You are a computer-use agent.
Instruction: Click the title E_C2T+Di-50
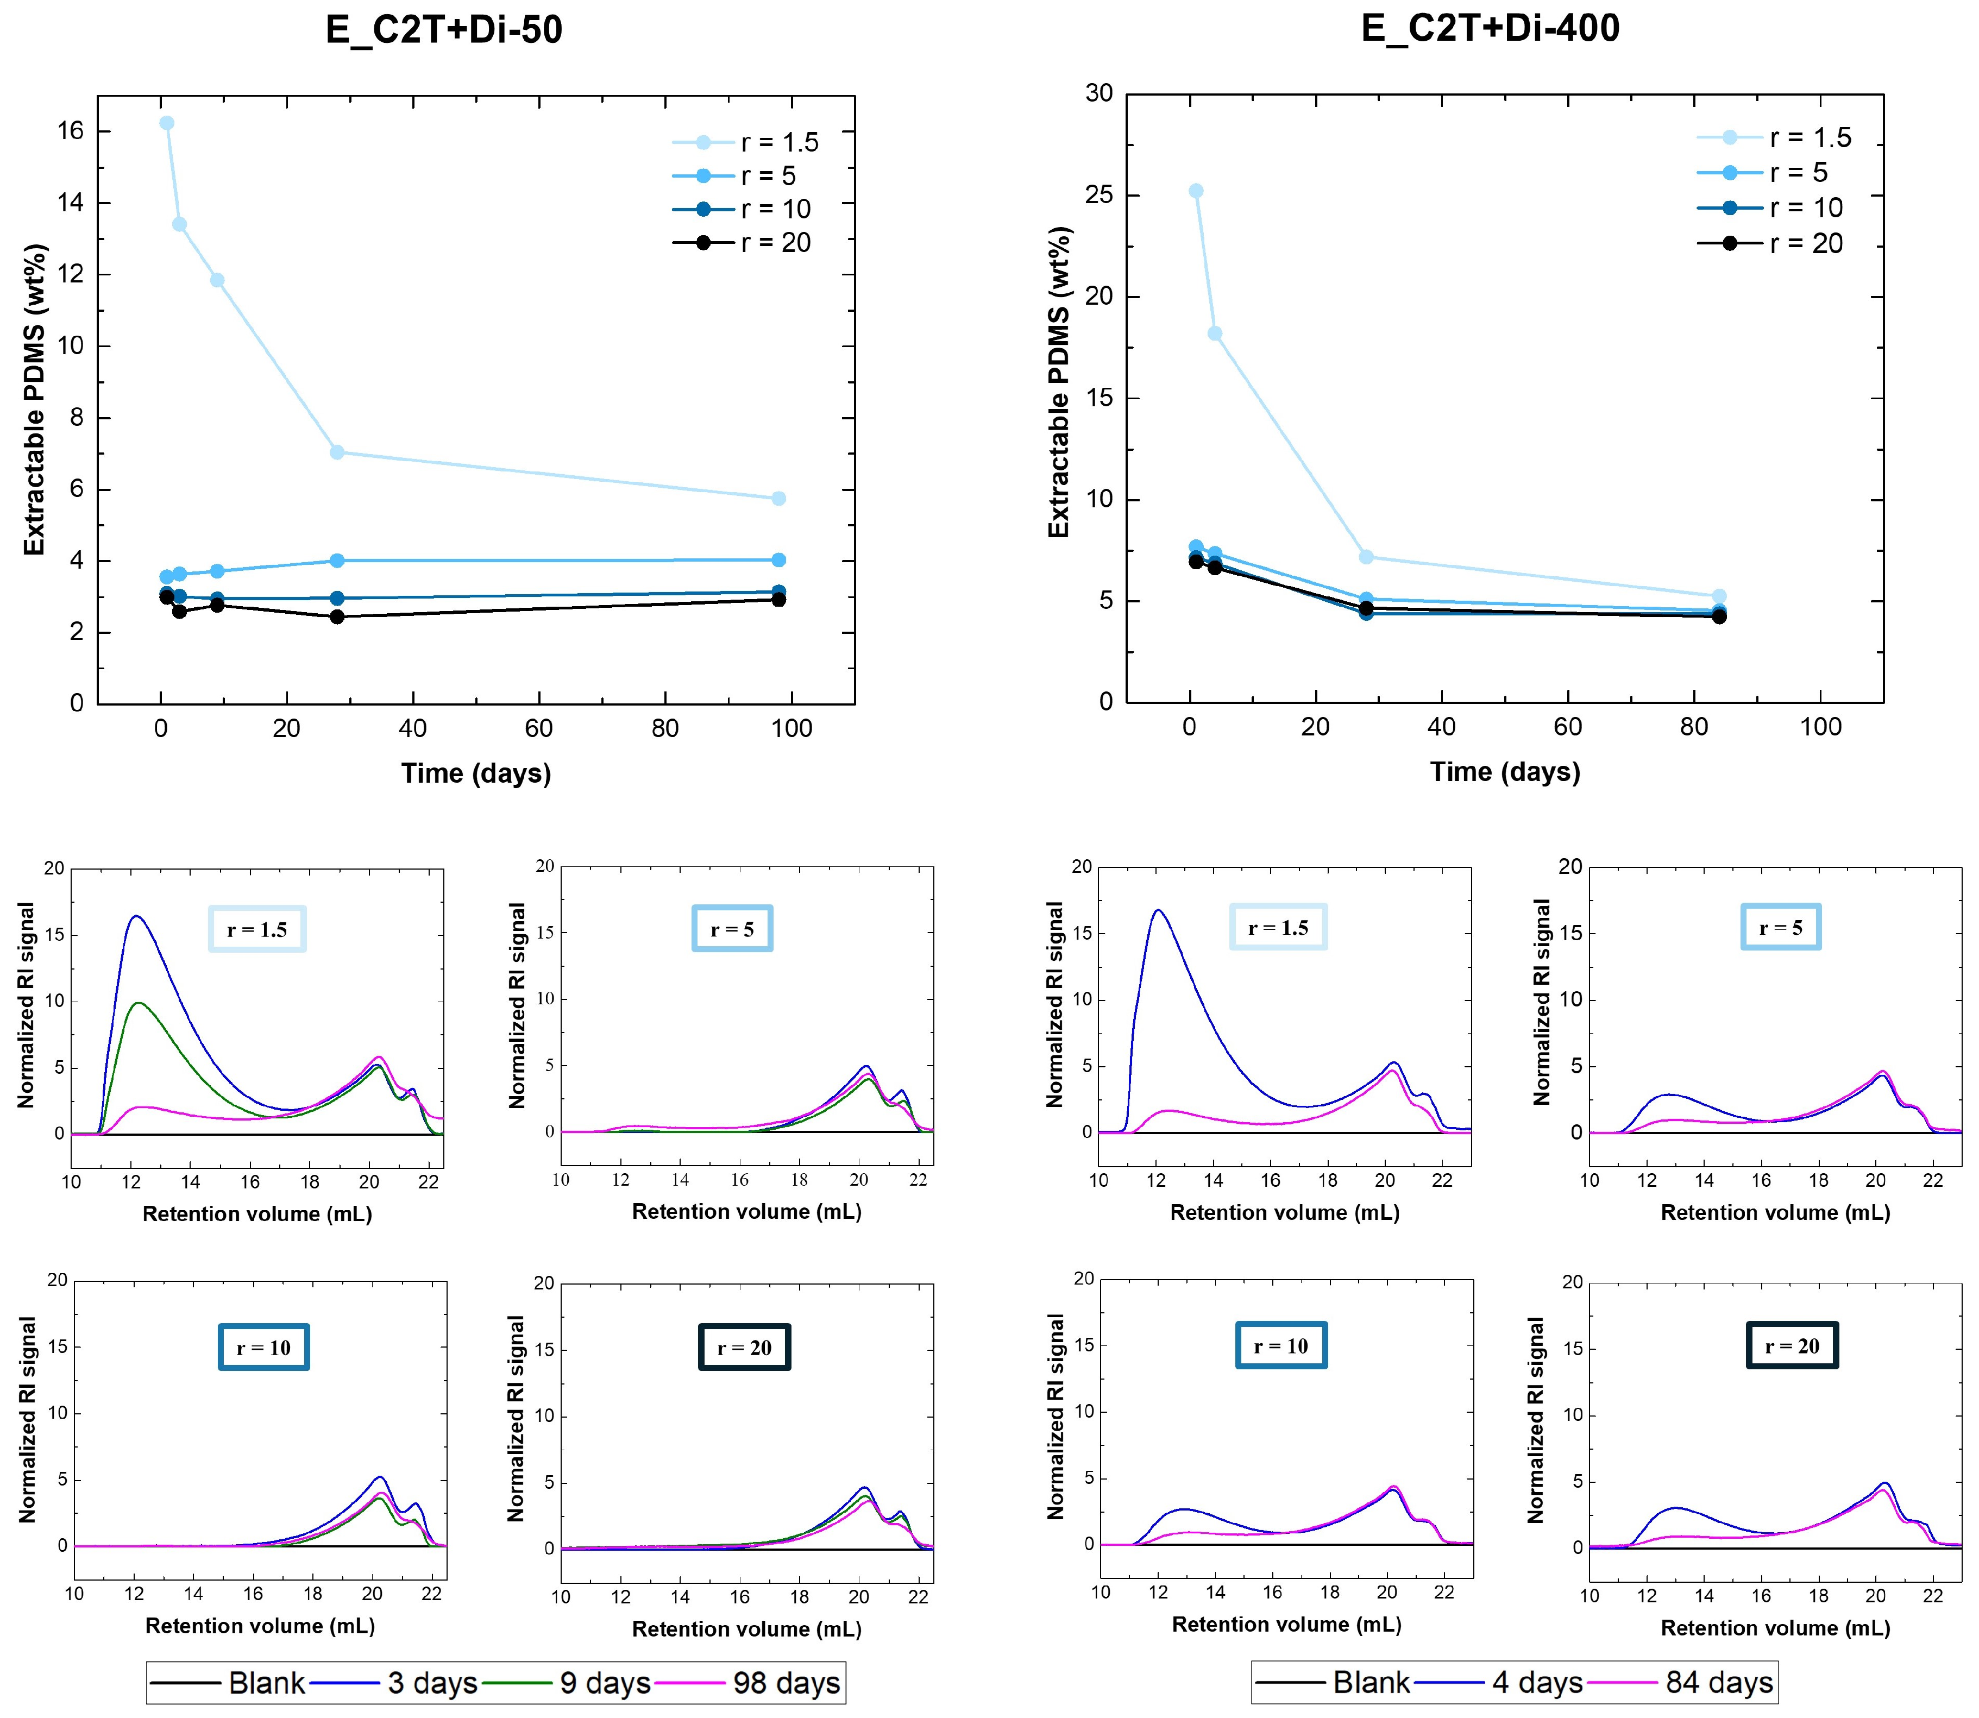tap(444, 30)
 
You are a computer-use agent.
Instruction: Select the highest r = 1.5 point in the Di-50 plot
tap(167, 123)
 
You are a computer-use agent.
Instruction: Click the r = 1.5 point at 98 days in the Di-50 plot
tap(778, 499)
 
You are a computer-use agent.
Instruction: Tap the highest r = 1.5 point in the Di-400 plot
tap(1196, 191)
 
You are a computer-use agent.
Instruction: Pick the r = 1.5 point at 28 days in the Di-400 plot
tap(1366, 557)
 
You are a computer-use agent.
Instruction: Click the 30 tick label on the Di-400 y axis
tap(1099, 93)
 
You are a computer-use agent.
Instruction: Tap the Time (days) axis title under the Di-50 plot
tap(475, 773)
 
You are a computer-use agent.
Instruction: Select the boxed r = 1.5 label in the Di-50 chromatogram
tap(257, 929)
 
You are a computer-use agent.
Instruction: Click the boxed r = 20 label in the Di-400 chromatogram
tap(1791, 1346)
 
